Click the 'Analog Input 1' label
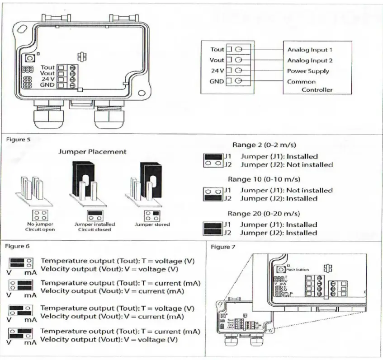pyautogui.click(x=310, y=50)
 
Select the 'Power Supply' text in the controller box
pyautogui.click(x=308, y=71)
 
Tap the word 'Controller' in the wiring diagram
pyautogui.click(x=317, y=89)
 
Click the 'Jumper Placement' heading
pyautogui.click(x=92, y=152)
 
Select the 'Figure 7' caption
pyautogui.click(x=220, y=247)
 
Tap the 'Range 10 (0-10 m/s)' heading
pyautogui.click(x=262, y=179)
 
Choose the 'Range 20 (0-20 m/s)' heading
pyautogui.click(x=262, y=213)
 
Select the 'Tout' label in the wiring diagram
pyautogui.click(x=217, y=49)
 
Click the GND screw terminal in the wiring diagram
pyautogui.click(x=238, y=81)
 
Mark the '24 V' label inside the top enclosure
pyautogui.click(x=47, y=79)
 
